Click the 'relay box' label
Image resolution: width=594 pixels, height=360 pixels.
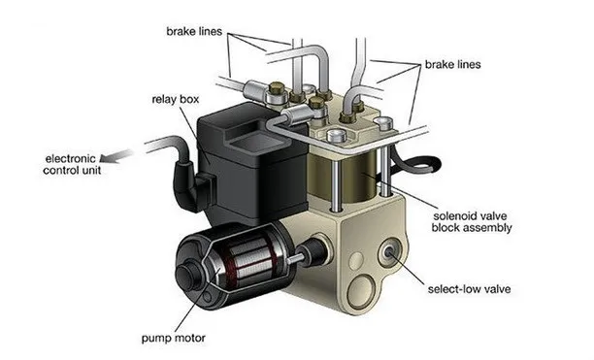click(x=176, y=99)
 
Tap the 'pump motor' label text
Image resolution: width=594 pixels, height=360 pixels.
click(x=174, y=338)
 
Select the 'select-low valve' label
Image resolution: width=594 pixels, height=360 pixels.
click(x=469, y=289)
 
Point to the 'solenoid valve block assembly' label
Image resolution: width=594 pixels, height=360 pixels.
click(x=472, y=222)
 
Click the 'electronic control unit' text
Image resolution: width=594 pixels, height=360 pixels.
click(x=72, y=164)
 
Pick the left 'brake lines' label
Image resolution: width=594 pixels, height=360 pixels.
click(x=194, y=31)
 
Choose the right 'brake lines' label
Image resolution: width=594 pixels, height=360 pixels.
click(x=452, y=64)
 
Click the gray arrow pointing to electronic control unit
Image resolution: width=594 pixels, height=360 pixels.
click(x=115, y=156)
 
